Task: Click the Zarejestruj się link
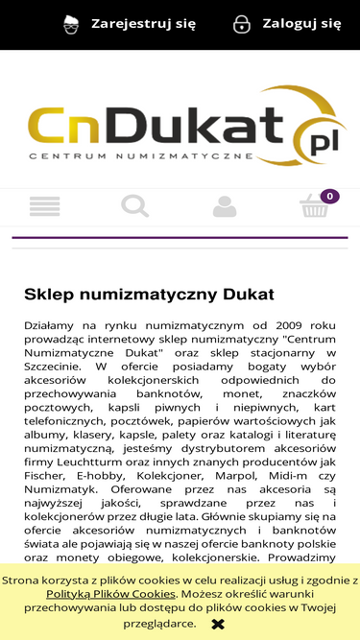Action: [x=143, y=24]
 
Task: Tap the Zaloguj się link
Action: [x=301, y=24]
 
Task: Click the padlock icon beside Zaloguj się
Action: [x=242, y=24]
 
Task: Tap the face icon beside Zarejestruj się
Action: [x=71, y=24]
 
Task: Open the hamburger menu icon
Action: [x=45, y=206]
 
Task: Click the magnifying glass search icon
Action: [x=134, y=206]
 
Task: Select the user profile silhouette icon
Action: [x=225, y=206]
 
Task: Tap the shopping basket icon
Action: [x=314, y=207]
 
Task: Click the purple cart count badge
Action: [x=329, y=197]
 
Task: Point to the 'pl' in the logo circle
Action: [x=318, y=143]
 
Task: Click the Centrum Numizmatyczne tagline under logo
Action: [x=140, y=155]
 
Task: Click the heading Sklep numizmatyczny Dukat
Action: [x=149, y=294]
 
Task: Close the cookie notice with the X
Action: [x=218, y=624]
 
